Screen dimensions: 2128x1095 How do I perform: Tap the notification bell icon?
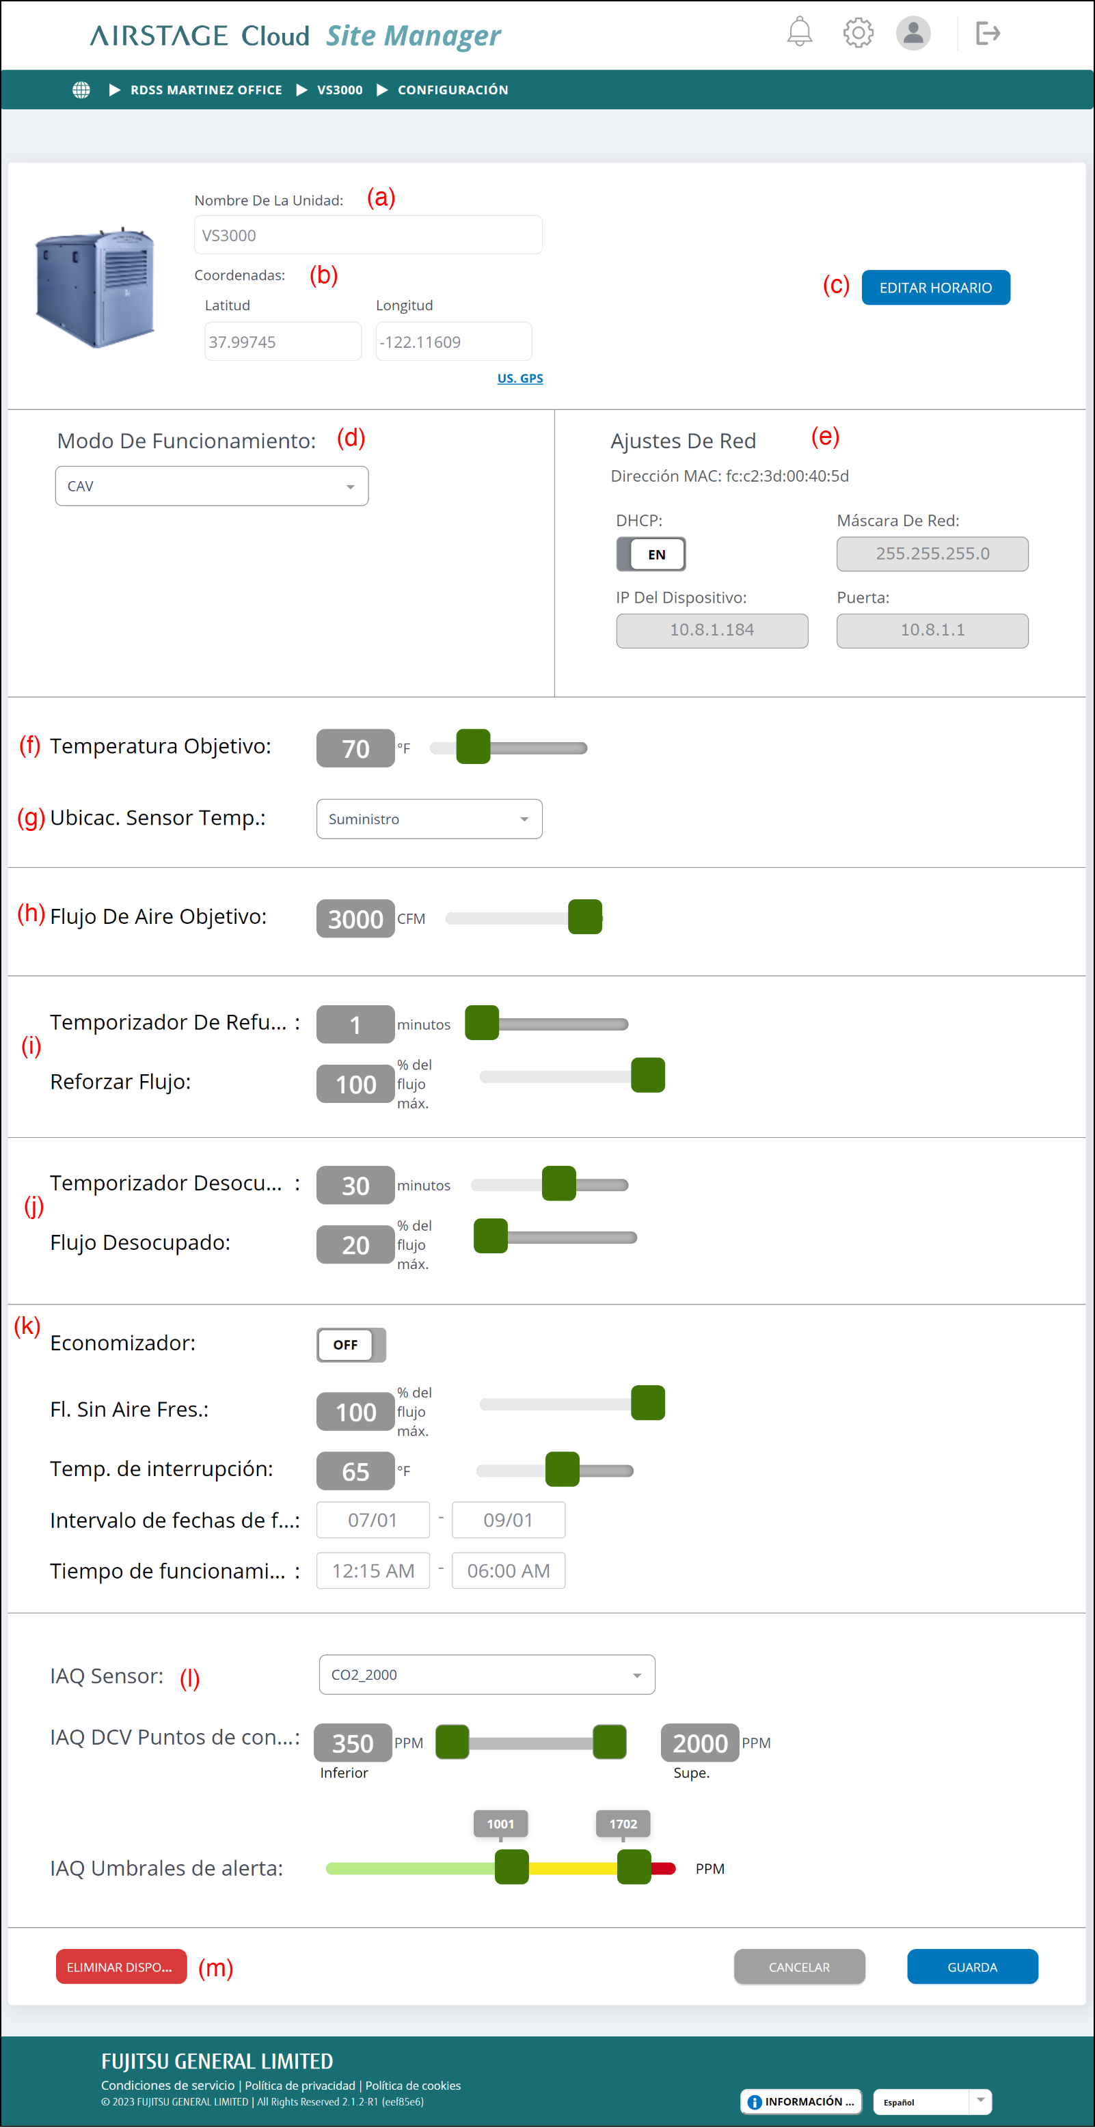799,32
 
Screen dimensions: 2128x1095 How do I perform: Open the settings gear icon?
858,33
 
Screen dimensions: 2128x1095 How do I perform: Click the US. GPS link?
519,379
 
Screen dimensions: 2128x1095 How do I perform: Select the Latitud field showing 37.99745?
282,342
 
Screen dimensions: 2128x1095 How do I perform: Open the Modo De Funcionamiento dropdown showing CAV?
212,486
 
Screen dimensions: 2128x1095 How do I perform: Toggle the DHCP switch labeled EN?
651,554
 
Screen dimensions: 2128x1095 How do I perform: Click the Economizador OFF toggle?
351,1345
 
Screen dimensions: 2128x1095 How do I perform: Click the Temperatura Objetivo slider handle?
474,748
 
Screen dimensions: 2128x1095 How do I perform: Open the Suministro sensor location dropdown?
429,819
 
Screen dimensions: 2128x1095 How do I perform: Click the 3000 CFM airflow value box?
355,918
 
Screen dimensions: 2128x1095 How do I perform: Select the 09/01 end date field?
509,1520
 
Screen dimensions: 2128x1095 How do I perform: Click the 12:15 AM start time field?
373,1570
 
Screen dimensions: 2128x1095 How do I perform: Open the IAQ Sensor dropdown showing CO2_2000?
487,1674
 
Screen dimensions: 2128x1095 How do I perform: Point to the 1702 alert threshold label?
623,1823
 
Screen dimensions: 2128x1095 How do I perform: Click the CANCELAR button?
799,1967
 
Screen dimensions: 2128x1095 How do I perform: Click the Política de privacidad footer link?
300,2086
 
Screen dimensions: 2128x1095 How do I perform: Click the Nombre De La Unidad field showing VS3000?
368,236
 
